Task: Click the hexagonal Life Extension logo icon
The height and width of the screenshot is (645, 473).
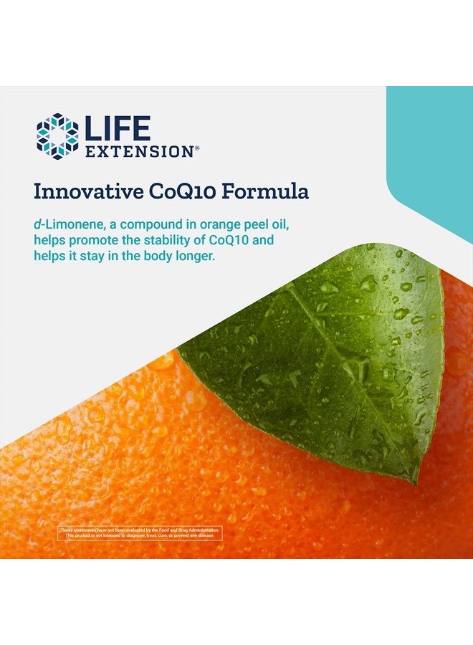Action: tap(57, 134)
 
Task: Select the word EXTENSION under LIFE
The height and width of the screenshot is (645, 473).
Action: tap(138, 151)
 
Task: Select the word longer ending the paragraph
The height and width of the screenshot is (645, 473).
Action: tap(195, 256)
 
